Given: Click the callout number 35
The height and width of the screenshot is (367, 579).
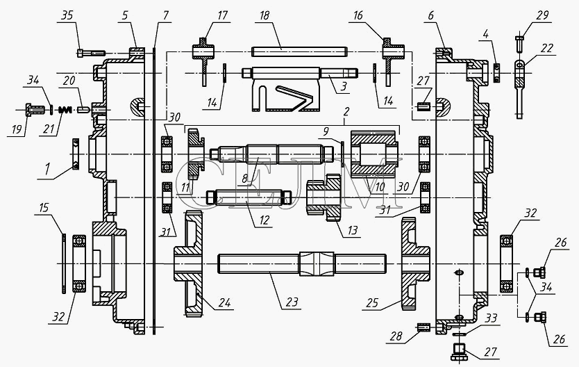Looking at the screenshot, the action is point(67,16).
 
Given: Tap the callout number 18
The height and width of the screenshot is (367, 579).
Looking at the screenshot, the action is point(265,15).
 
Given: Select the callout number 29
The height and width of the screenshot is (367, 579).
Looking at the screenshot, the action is point(542,15).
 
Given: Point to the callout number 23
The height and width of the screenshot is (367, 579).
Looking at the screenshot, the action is point(292,302).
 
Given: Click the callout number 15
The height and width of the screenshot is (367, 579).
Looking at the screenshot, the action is point(44,208).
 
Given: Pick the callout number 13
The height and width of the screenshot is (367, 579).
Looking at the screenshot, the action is point(352,230).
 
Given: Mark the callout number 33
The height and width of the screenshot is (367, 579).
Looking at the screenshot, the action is point(491,318).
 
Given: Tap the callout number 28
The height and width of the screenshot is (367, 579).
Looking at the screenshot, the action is point(396,336).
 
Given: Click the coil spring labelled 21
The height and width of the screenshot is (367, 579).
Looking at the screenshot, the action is point(65,110).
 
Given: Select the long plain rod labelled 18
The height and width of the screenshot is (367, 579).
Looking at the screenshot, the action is point(299,51).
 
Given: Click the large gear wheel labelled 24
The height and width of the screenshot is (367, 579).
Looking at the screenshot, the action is point(189,263).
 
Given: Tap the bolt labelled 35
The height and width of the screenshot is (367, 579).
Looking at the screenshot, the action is point(91,54).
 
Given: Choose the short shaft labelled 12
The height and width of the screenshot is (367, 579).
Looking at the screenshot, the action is point(249,197).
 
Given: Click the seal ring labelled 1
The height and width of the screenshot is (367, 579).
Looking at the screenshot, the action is point(76,154).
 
